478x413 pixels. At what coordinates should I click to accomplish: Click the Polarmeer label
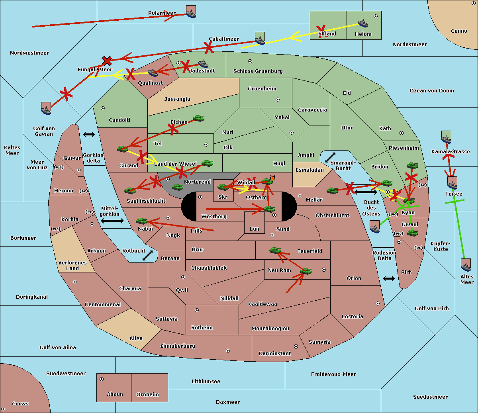[x=162, y=13]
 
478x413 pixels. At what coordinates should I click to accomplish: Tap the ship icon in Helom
[x=363, y=23]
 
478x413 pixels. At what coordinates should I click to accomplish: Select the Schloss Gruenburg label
[x=258, y=71]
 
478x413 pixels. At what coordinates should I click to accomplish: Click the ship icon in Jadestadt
[x=203, y=64]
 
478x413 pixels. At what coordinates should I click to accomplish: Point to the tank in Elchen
[x=198, y=118]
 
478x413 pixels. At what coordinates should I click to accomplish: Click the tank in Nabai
[x=141, y=221]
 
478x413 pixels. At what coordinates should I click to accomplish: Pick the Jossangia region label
[x=177, y=99]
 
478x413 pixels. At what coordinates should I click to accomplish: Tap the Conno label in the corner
[x=459, y=31]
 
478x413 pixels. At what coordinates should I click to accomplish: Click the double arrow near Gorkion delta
[x=88, y=135]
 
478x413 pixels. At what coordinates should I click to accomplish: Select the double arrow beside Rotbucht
[x=147, y=256]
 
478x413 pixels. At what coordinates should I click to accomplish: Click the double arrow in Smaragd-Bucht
[x=330, y=158]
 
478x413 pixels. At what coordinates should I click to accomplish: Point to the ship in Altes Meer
[x=466, y=265]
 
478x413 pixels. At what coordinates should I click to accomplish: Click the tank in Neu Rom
[x=306, y=271]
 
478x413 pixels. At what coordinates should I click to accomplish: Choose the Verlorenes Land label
[x=72, y=265]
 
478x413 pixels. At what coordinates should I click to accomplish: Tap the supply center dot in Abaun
[x=102, y=379]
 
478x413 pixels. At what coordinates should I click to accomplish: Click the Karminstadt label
[x=275, y=354]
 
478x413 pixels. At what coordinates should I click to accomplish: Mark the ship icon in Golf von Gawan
[x=46, y=108]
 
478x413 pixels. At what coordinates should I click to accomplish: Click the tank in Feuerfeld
[x=275, y=251]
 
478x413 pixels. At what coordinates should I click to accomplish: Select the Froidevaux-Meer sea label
[x=333, y=374]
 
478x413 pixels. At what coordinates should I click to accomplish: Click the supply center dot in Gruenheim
[x=278, y=100]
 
